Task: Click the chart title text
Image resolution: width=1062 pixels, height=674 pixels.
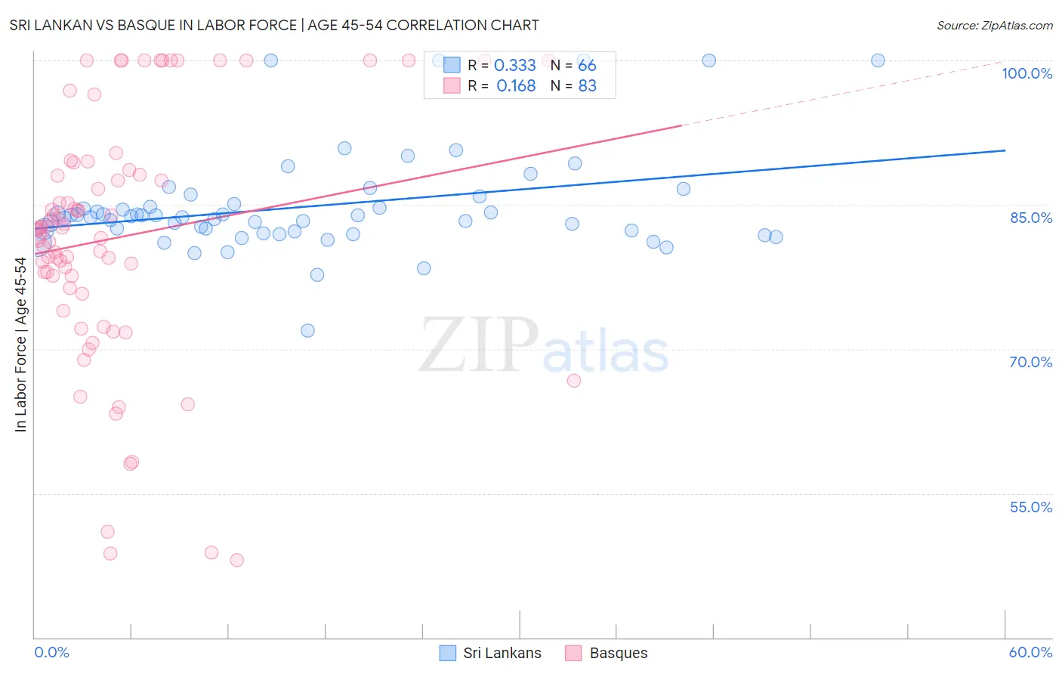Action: tap(274, 25)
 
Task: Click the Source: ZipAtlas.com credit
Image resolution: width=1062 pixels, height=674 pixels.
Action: tap(994, 25)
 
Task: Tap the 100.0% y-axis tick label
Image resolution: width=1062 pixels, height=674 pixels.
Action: tap(1026, 73)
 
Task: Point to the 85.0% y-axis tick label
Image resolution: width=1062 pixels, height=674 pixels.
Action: tap(1030, 218)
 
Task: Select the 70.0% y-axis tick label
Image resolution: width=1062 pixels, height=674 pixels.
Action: tap(1030, 362)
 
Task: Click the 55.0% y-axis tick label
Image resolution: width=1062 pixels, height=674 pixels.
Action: tap(1030, 507)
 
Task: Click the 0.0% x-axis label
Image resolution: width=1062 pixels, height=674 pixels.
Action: tap(51, 652)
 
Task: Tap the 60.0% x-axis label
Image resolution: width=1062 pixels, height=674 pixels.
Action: tap(1030, 652)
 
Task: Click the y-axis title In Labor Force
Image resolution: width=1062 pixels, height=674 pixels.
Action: tap(20, 345)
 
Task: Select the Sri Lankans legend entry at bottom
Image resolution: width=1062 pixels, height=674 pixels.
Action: tap(491, 653)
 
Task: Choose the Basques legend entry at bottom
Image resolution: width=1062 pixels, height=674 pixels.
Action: tap(607, 653)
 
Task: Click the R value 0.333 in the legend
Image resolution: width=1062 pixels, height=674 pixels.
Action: tap(514, 66)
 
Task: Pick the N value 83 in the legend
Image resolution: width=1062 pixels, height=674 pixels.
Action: tap(587, 86)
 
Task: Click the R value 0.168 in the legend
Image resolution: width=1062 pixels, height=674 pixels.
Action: tap(516, 86)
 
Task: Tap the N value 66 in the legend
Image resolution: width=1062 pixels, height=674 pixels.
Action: tap(587, 66)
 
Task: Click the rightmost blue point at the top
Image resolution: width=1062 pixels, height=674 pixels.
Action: tap(878, 60)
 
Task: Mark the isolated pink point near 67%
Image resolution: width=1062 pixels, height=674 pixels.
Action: tap(574, 380)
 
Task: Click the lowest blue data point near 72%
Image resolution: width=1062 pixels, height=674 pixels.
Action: tap(307, 330)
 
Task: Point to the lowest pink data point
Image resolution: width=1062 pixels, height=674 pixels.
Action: tap(236, 560)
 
